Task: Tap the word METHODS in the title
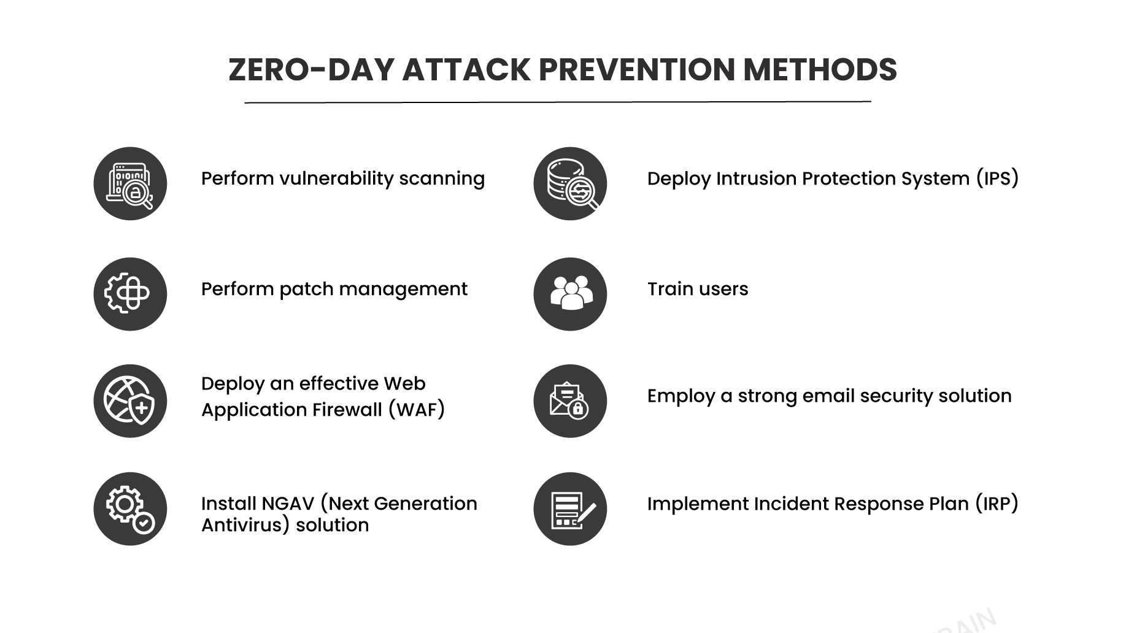[x=820, y=69]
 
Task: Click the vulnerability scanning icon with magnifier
[x=130, y=183]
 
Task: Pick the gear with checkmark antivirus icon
[x=130, y=508]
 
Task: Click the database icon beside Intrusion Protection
[x=570, y=183]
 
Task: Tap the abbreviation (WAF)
[x=417, y=409]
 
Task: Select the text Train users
[x=698, y=289]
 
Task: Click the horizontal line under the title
[x=558, y=102]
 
